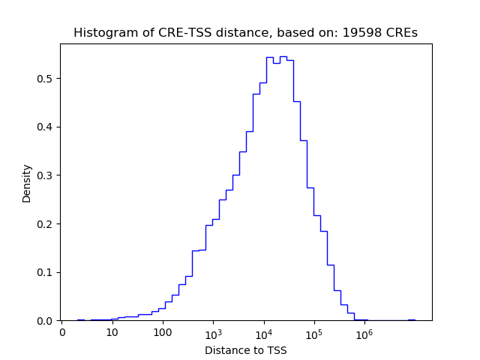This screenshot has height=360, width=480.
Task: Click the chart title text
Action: point(245,33)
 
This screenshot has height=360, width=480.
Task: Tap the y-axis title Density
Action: point(27,183)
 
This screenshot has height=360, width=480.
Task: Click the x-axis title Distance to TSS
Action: point(245,350)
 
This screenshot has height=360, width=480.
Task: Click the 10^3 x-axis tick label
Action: point(213,332)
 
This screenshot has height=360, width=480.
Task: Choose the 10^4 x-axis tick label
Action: point(263,332)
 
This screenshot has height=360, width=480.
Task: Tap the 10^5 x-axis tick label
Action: point(313,332)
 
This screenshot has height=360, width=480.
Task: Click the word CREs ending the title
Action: point(401,33)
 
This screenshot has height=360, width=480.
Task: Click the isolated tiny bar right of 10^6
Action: point(411,319)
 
